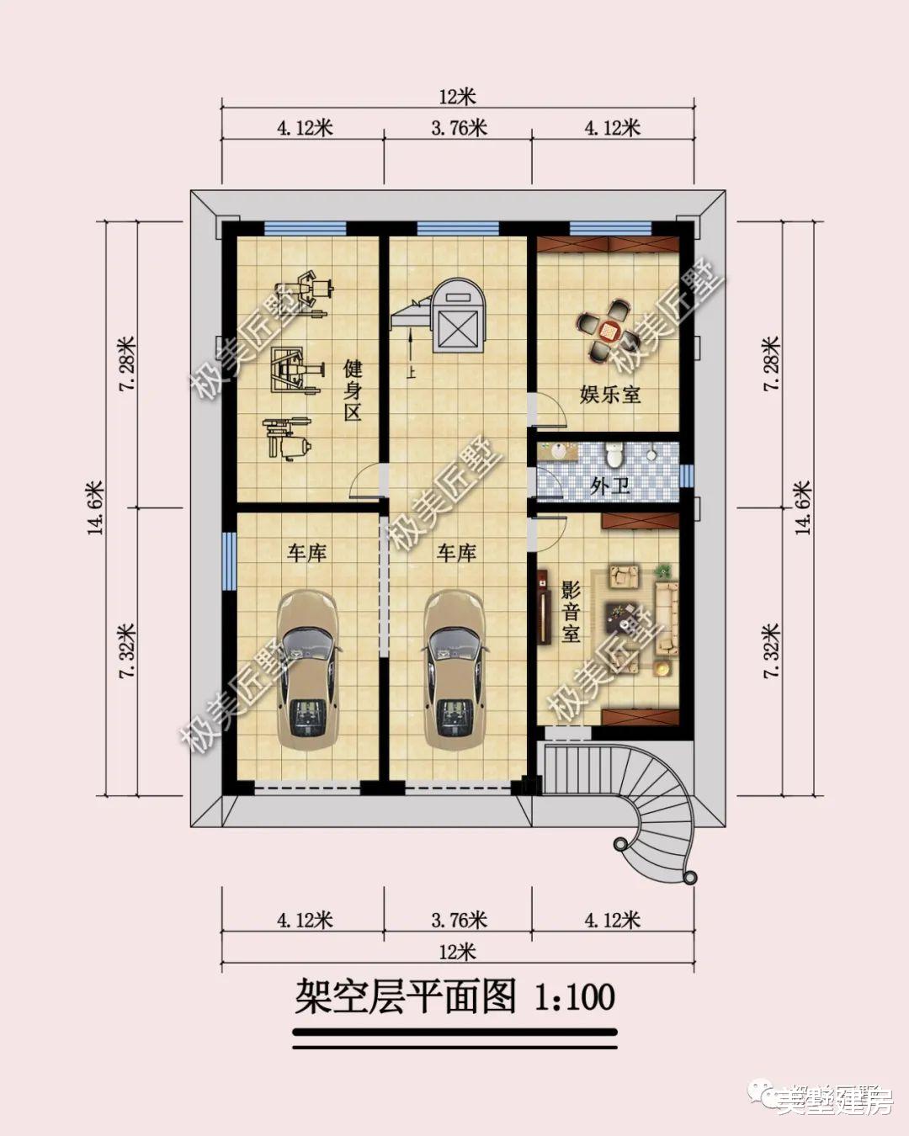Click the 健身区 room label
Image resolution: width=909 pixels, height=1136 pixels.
coord(352,390)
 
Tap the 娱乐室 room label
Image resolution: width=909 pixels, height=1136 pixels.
coord(610,394)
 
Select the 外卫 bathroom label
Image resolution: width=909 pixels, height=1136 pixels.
coord(610,486)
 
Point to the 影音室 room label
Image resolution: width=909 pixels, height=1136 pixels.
coord(571,611)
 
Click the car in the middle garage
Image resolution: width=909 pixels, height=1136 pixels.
coord(454,669)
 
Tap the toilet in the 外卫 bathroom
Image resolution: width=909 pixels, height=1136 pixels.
coord(614,454)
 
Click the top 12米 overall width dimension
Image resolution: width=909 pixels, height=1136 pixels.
coord(457,98)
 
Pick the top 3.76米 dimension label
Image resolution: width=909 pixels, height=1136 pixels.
coord(459,128)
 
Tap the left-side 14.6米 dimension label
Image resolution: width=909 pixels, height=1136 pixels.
coord(94,507)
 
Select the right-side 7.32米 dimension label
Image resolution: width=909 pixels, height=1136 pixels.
coord(771,650)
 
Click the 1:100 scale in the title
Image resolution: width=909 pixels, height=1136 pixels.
coord(576,997)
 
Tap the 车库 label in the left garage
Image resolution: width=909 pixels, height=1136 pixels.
coord(306,553)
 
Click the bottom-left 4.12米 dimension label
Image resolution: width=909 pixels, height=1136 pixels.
coord(305,920)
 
